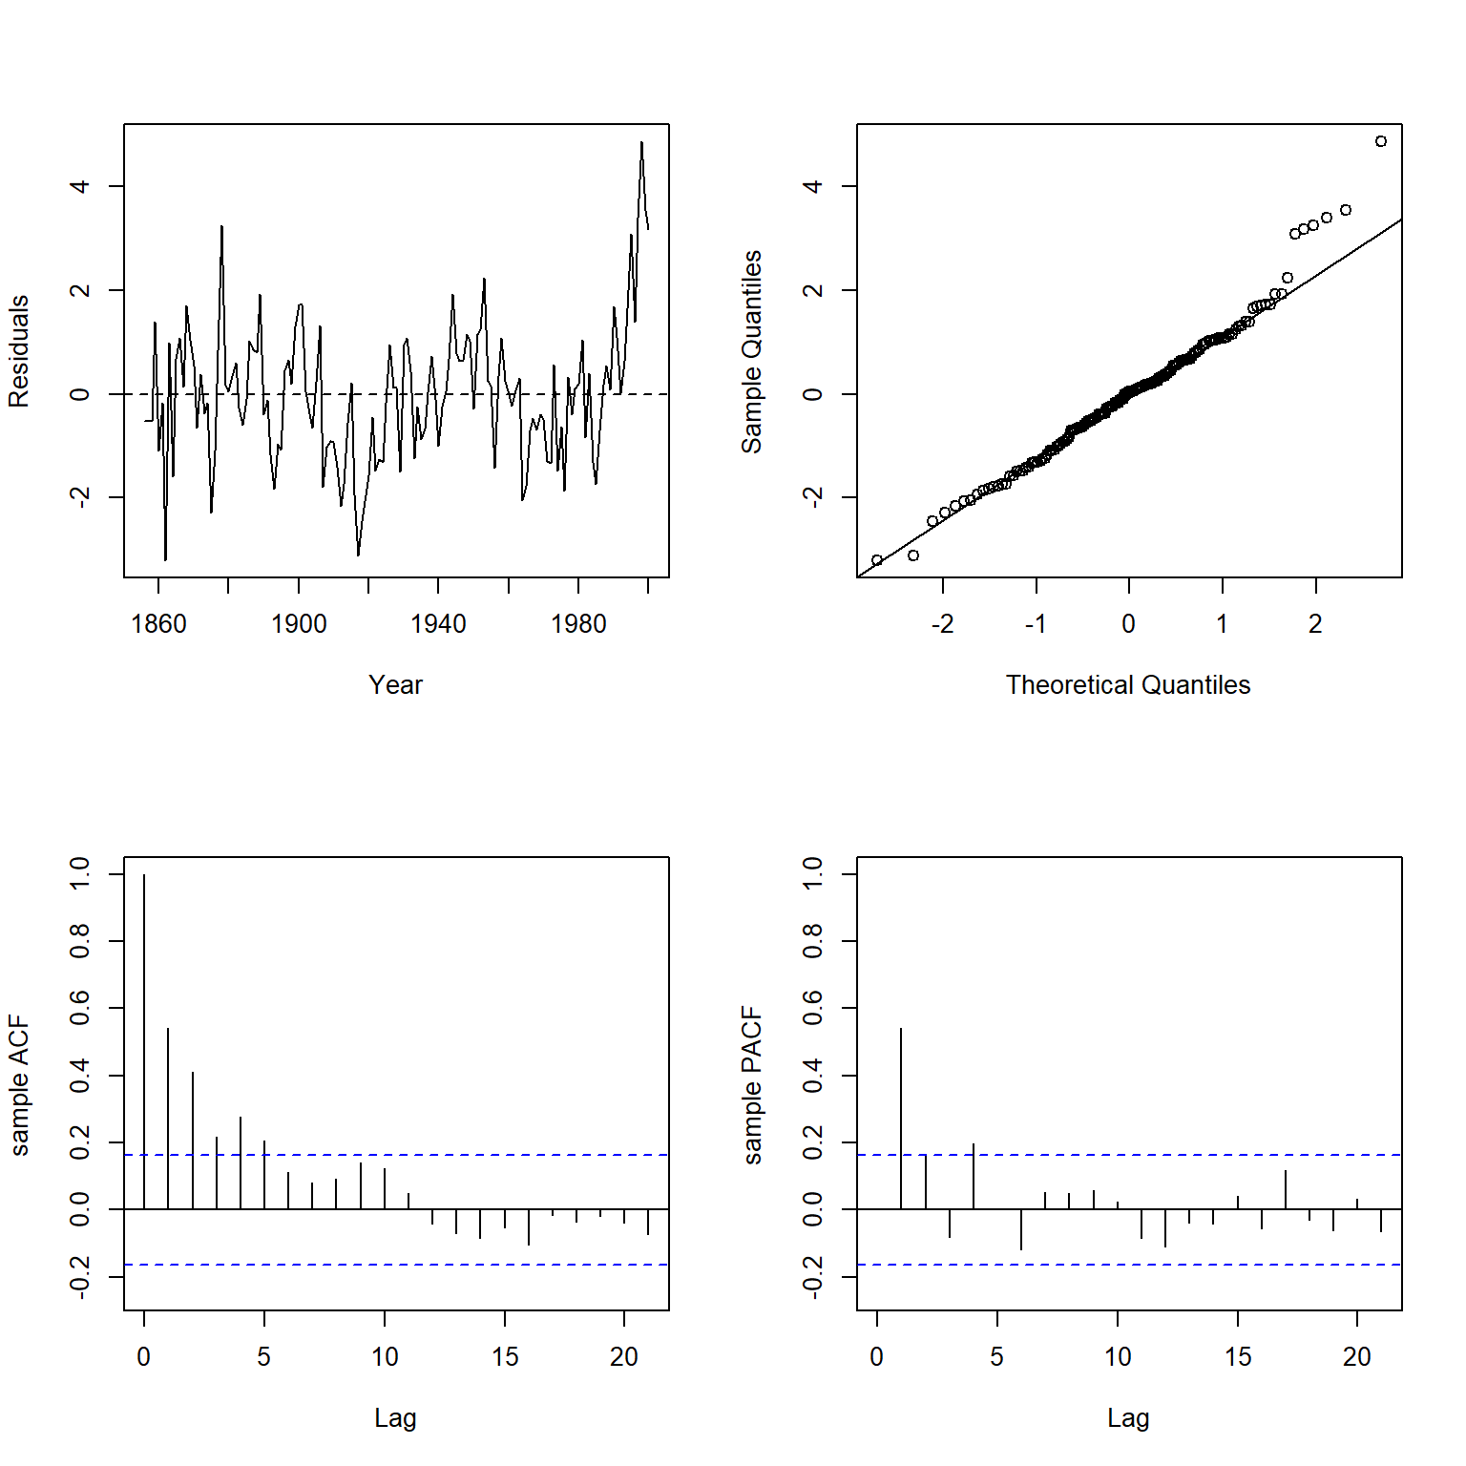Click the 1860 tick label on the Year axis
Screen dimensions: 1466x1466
pyautogui.click(x=158, y=624)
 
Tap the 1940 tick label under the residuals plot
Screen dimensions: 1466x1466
pyautogui.click(x=438, y=624)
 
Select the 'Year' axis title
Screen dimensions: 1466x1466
pyautogui.click(x=395, y=685)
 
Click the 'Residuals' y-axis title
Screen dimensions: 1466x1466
pyautogui.click(x=19, y=351)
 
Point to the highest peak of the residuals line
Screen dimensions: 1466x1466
pyautogui.click(x=641, y=143)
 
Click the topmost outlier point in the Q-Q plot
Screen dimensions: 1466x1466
pyautogui.click(x=1381, y=141)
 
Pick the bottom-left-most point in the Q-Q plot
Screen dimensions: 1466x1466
pyautogui.click(x=877, y=560)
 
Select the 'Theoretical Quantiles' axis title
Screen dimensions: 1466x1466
pyautogui.click(x=1128, y=685)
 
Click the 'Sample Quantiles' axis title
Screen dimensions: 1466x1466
pyautogui.click(x=752, y=351)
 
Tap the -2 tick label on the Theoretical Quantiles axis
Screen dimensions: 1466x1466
pyautogui.click(x=942, y=624)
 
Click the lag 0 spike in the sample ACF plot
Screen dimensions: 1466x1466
pyautogui.click(x=144, y=1040)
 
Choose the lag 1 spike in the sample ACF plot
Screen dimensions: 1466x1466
pyautogui.click(x=168, y=1117)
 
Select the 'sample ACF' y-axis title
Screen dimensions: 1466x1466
pyautogui.click(x=19, y=1086)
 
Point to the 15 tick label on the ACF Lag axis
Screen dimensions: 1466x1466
pyautogui.click(x=505, y=1357)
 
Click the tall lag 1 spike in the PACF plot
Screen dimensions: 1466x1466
pyautogui.click(x=901, y=1117)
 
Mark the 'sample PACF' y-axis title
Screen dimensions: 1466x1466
pyautogui.click(x=752, y=1086)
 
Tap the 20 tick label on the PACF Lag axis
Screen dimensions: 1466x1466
pyautogui.click(x=1357, y=1357)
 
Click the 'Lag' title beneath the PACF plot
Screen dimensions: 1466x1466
pyautogui.click(x=1128, y=1418)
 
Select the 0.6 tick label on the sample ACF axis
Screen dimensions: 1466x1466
pyautogui.click(x=80, y=1008)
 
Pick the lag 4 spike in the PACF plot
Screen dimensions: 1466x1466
pyautogui.click(x=974, y=1176)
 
